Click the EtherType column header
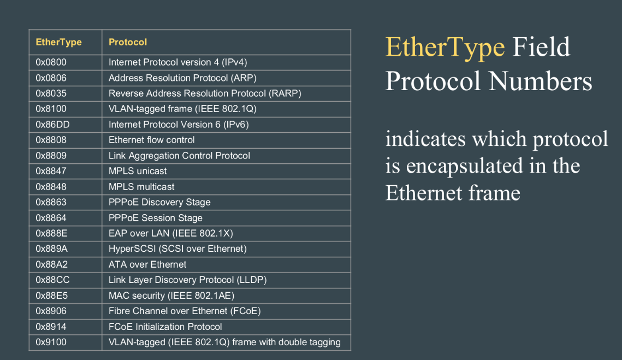[x=66, y=42]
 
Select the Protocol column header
[x=227, y=42]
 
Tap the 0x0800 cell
[x=66, y=62]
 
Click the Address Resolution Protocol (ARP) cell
[x=227, y=78]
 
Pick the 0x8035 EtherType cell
[x=66, y=93]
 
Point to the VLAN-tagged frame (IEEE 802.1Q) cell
[x=227, y=109]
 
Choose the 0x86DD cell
[x=66, y=125]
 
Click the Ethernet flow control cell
[x=227, y=140]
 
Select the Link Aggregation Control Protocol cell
[x=227, y=156]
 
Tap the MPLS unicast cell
[x=227, y=171]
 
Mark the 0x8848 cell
[x=66, y=186]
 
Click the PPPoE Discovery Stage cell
[x=227, y=202]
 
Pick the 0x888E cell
[x=66, y=233]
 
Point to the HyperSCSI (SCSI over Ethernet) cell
[x=227, y=249]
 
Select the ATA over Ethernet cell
[x=227, y=264]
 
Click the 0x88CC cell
[x=66, y=280]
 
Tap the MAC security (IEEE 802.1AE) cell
[x=227, y=296]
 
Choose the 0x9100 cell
[x=66, y=342]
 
